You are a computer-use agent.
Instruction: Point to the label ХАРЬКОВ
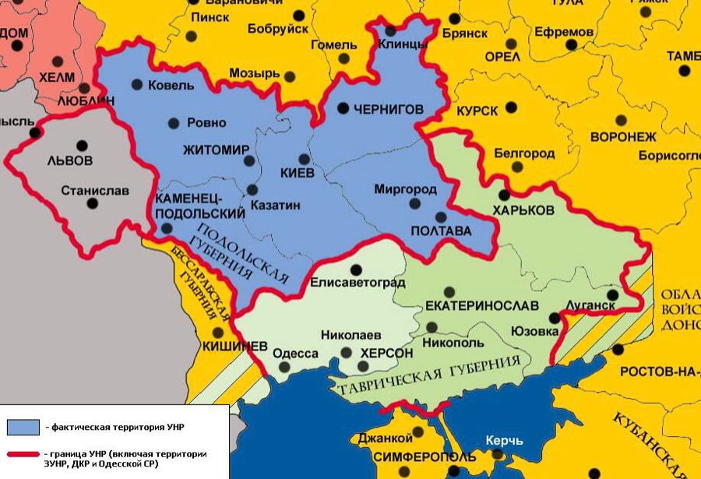[x=523, y=211]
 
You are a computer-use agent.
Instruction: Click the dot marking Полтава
[x=441, y=217]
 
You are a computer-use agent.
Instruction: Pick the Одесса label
[x=295, y=354]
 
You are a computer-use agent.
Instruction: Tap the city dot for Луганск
[x=613, y=295]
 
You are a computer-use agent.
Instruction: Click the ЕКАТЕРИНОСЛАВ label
[x=471, y=305]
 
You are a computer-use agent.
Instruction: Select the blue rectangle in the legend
[x=23, y=427]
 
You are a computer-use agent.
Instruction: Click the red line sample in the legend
[x=23, y=455]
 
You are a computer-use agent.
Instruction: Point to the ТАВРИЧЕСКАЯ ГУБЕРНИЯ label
[x=427, y=375]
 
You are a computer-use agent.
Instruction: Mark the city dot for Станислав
[x=93, y=203]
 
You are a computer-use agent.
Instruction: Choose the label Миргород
[x=405, y=189]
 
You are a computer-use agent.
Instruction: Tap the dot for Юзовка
[x=554, y=318]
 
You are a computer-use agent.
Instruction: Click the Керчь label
[x=504, y=441]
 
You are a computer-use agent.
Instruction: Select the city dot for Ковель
[x=137, y=84]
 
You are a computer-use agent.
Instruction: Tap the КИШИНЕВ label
[x=234, y=345]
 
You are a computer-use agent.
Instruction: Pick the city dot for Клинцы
[x=389, y=31]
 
